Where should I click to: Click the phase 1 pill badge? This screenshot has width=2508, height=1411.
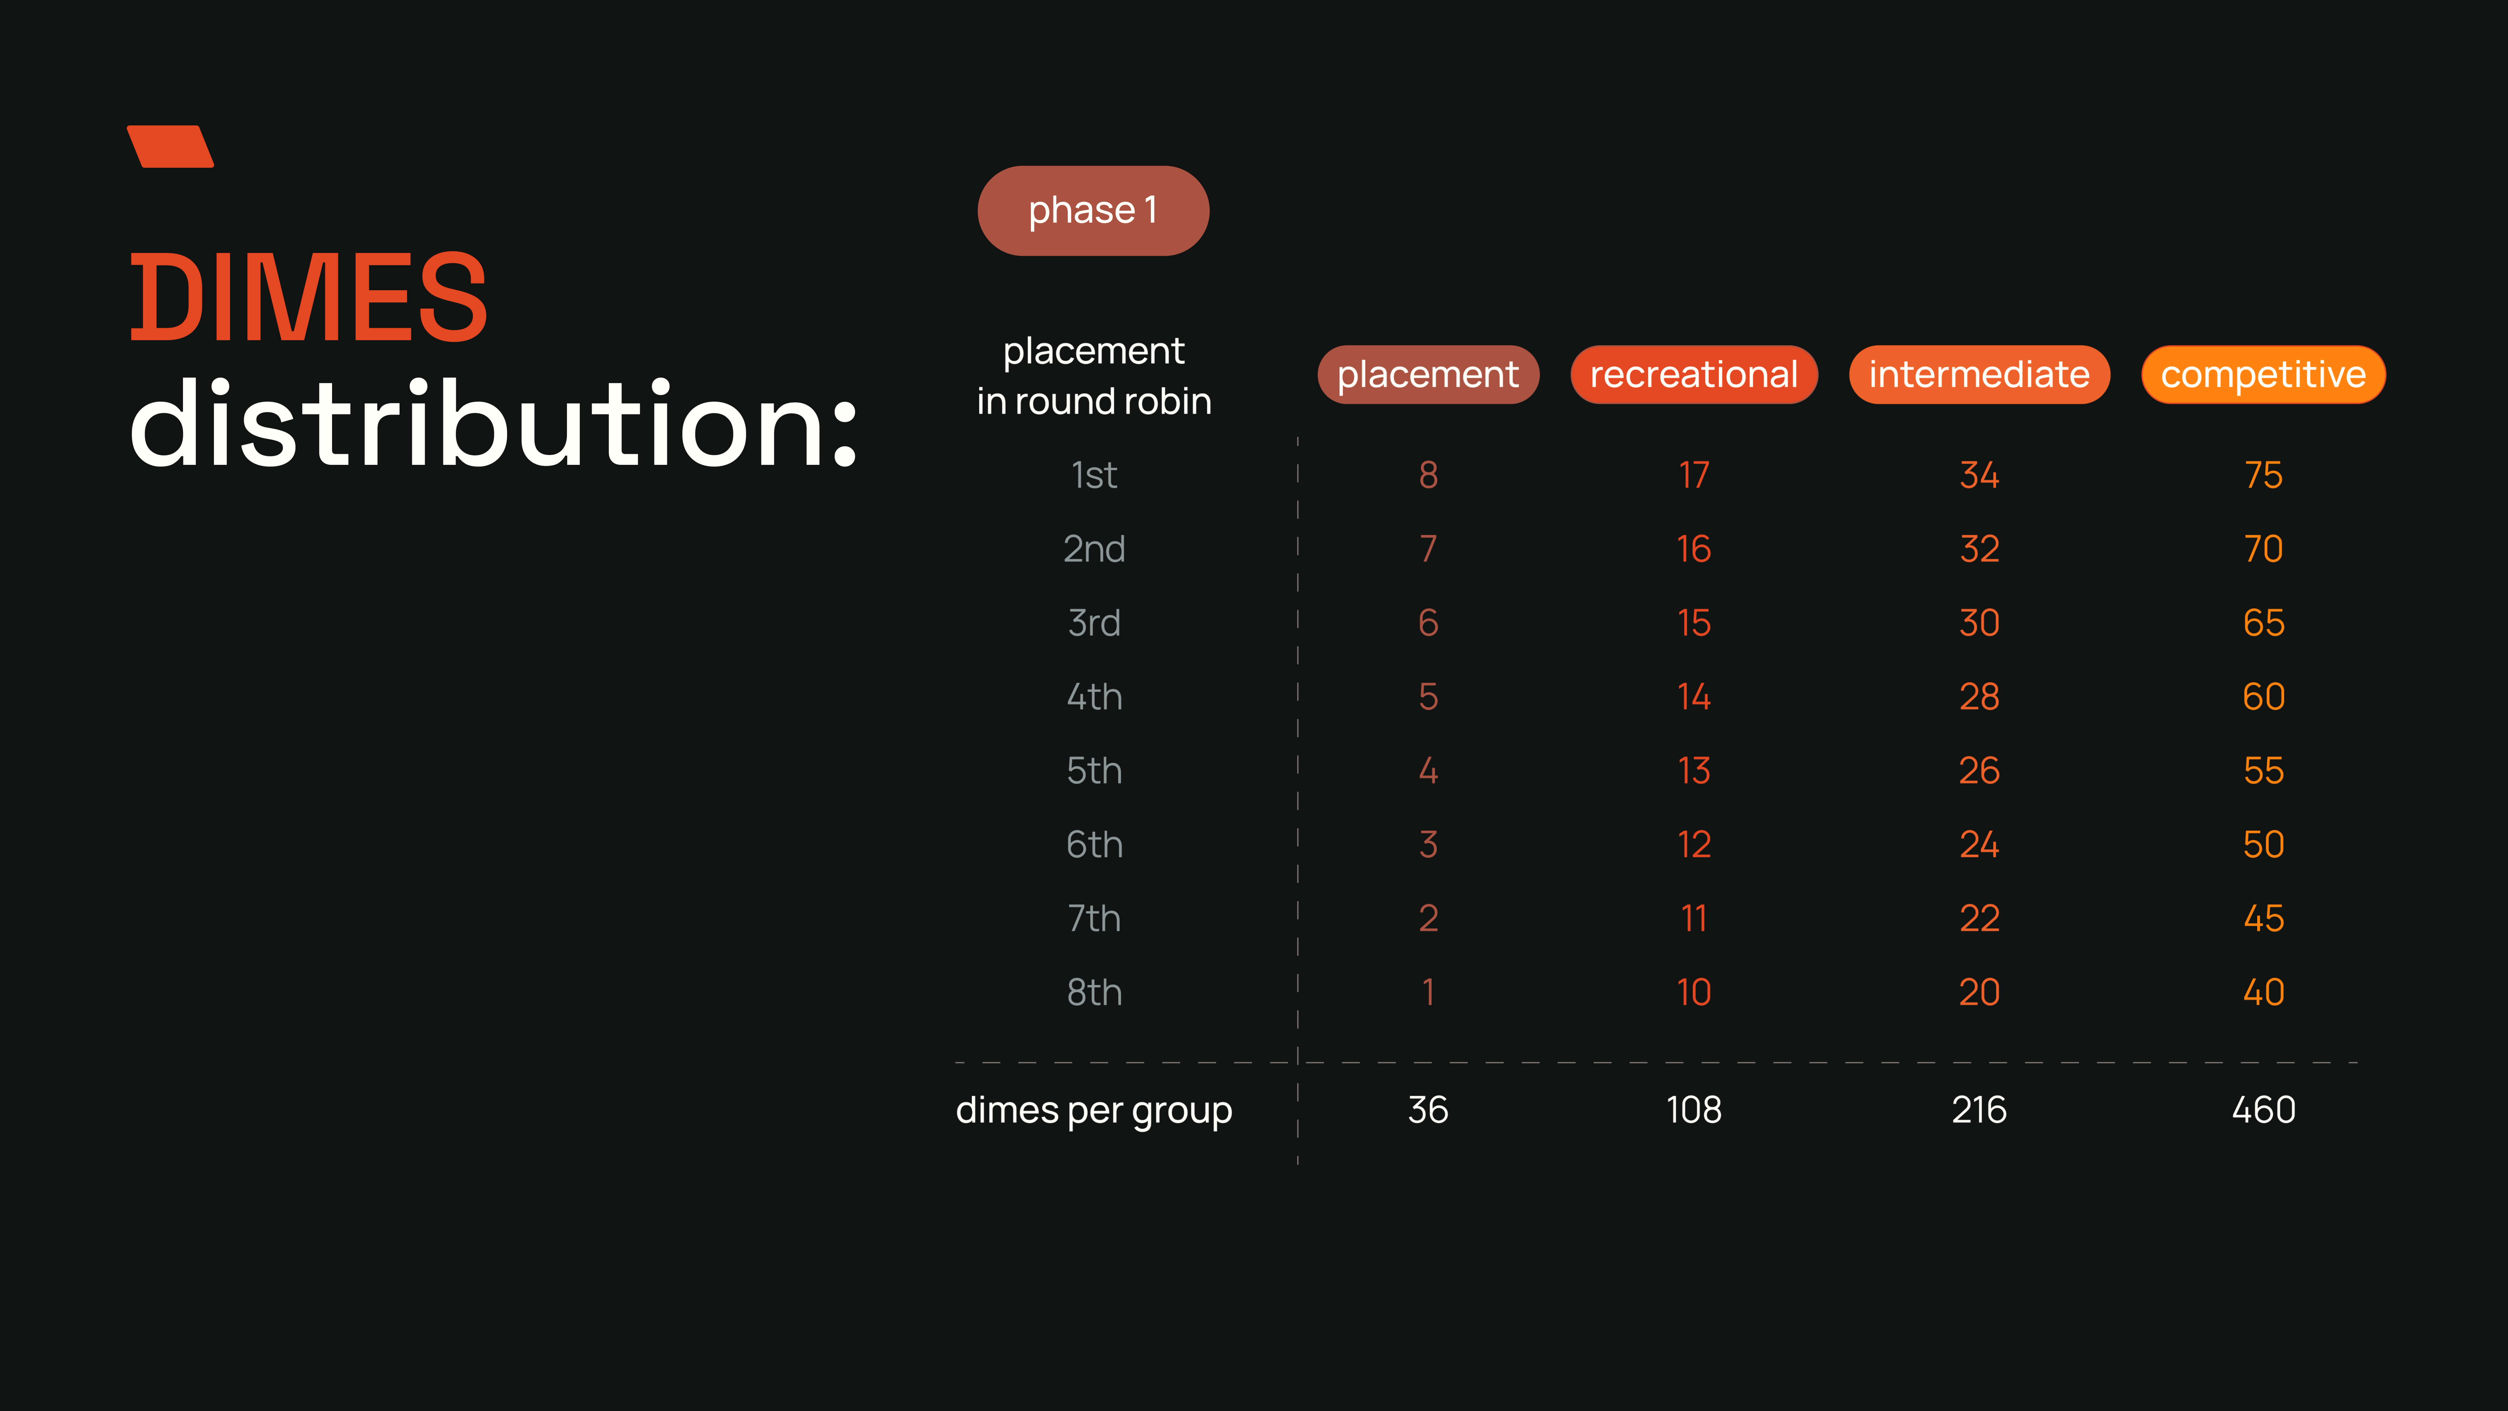click(1093, 210)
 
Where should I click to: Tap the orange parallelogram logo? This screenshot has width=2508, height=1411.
click(170, 146)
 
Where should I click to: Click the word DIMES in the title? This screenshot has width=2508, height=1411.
click(309, 297)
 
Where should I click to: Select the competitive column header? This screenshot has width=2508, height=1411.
click(2264, 374)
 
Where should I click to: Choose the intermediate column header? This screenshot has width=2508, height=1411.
click(1979, 374)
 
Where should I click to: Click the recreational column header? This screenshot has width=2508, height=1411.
click(1694, 374)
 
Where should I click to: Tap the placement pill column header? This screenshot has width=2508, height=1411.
click(1428, 374)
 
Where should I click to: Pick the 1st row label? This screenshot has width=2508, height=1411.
click(1094, 475)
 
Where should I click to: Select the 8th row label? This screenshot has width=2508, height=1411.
click(1094, 992)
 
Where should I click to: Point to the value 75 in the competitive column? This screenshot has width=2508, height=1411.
click(2264, 475)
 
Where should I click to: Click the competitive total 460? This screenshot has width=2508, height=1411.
click(2264, 1110)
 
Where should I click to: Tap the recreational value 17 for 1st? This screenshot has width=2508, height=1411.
click(1694, 475)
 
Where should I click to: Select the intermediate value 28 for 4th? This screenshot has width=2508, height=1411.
click(1979, 697)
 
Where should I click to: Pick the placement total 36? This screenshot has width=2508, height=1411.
click(1428, 1110)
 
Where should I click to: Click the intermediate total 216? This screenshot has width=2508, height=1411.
click(1979, 1110)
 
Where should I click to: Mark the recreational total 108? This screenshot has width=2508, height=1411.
click(1694, 1110)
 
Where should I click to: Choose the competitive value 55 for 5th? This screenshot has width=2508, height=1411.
click(2264, 771)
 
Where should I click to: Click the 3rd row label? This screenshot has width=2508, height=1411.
click(1094, 623)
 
